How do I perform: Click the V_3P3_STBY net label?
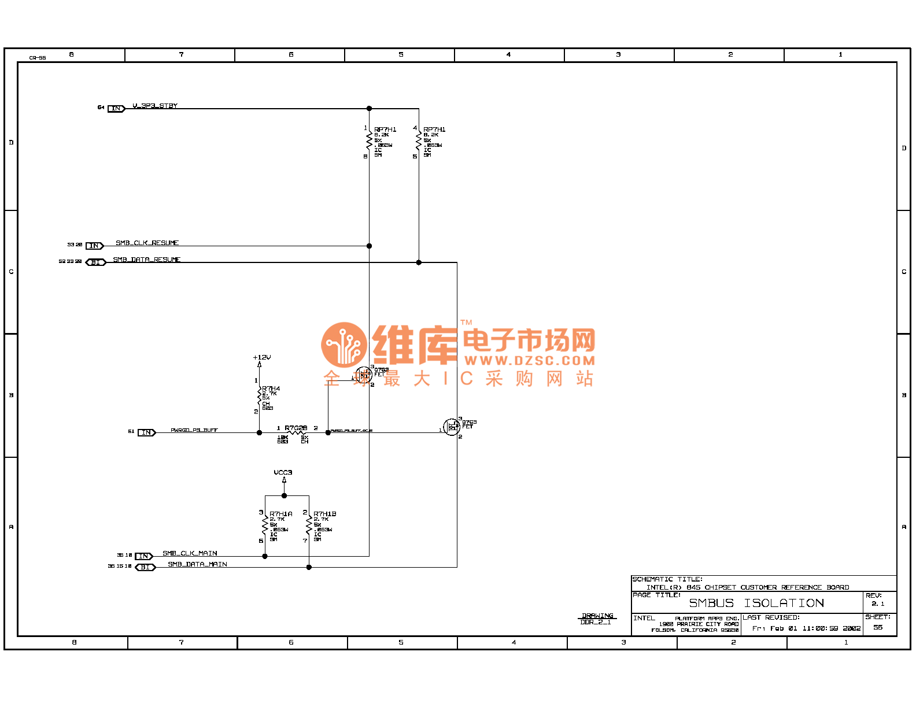155,106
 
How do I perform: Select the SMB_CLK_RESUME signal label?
147,243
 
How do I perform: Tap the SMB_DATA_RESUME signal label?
146,260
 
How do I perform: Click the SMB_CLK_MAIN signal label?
190,553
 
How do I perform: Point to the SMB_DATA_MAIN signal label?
197,564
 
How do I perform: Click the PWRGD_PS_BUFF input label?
194,430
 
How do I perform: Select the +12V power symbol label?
262,357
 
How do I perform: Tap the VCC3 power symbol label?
283,472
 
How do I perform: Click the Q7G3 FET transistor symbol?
452,428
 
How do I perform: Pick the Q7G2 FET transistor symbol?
364,376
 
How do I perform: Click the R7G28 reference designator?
296,428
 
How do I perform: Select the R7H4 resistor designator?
271,389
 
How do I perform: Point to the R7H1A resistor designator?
281,514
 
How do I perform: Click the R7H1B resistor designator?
325,514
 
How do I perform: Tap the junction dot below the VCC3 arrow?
284,495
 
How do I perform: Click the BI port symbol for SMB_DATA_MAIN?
145,567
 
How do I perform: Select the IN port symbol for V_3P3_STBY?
116,109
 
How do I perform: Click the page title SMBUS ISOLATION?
756,603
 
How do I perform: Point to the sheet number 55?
878,627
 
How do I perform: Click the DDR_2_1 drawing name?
596,622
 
